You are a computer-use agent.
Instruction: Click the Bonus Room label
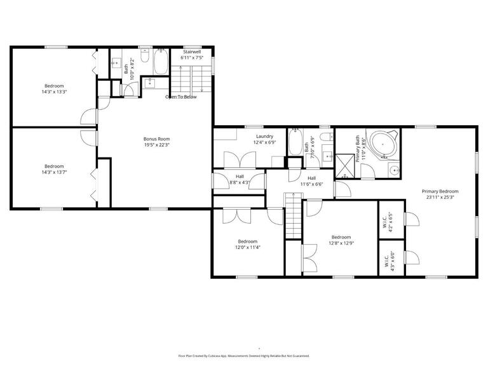click(156, 141)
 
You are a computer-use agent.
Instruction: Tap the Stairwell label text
click(191, 55)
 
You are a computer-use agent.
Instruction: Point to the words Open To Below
click(181, 97)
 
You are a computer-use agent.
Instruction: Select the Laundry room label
click(264, 139)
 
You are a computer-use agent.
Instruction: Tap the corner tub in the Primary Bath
click(384, 145)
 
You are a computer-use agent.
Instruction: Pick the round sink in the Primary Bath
click(395, 170)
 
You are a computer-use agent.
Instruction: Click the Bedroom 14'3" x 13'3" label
click(54, 88)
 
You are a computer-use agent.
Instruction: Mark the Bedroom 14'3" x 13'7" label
click(54, 168)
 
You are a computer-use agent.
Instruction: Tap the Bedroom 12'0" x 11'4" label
click(248, 243)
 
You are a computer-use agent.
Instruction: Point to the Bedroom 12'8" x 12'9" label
click(341, 240)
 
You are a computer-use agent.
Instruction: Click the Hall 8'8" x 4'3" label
click(240, 180)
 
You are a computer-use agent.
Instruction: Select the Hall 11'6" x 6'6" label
click(311, 181)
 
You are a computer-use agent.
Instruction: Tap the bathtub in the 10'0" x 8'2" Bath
click(161, 62)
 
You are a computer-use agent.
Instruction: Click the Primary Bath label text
click(360, 149)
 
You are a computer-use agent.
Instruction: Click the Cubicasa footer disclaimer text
click(244, 356)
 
